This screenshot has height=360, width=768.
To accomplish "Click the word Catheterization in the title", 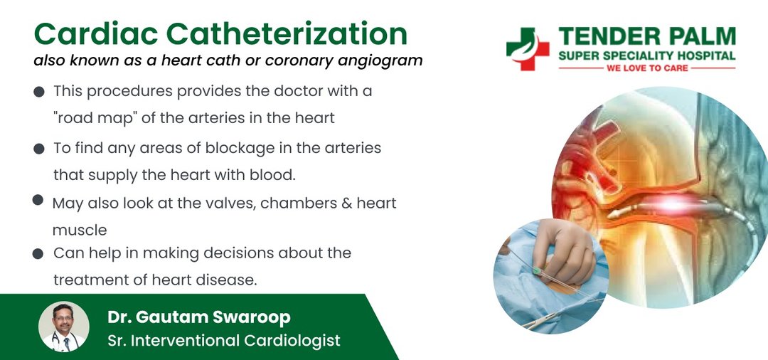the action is pos(287,34).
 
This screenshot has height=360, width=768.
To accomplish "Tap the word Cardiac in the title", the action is pos(96,34).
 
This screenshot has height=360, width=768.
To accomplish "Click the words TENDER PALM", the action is pos(647,37).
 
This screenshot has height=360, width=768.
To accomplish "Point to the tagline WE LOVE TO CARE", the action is pos(647,68).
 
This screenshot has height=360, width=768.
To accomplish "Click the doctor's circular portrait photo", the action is pos(64,327).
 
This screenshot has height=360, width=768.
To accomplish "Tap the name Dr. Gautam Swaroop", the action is pos(199,317).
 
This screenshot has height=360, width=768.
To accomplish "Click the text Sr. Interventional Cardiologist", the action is pos(224,340).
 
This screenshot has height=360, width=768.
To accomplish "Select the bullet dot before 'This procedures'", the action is pos(39,92).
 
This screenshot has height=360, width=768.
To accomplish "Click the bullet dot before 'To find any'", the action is pos(39,149).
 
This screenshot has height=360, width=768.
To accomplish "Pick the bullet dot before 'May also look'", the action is pos(38,199).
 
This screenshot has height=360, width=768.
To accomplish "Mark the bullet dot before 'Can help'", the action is pos(38,254).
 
